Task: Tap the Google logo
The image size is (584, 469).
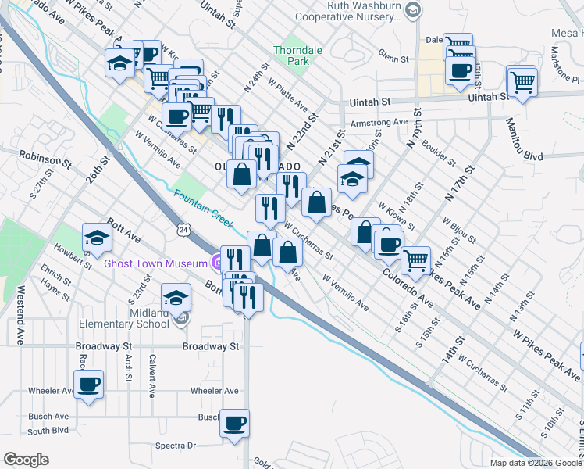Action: (x=26, y=459)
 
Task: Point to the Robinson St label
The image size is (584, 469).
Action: (x=45, y=159)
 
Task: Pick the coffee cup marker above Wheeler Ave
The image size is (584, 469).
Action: (x=88, y=385)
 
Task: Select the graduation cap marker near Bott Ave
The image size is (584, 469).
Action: (x=96, y=237)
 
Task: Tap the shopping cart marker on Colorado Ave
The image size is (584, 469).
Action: (x=415, y=260)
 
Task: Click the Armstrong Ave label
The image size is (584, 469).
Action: (x=379, y=123)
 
